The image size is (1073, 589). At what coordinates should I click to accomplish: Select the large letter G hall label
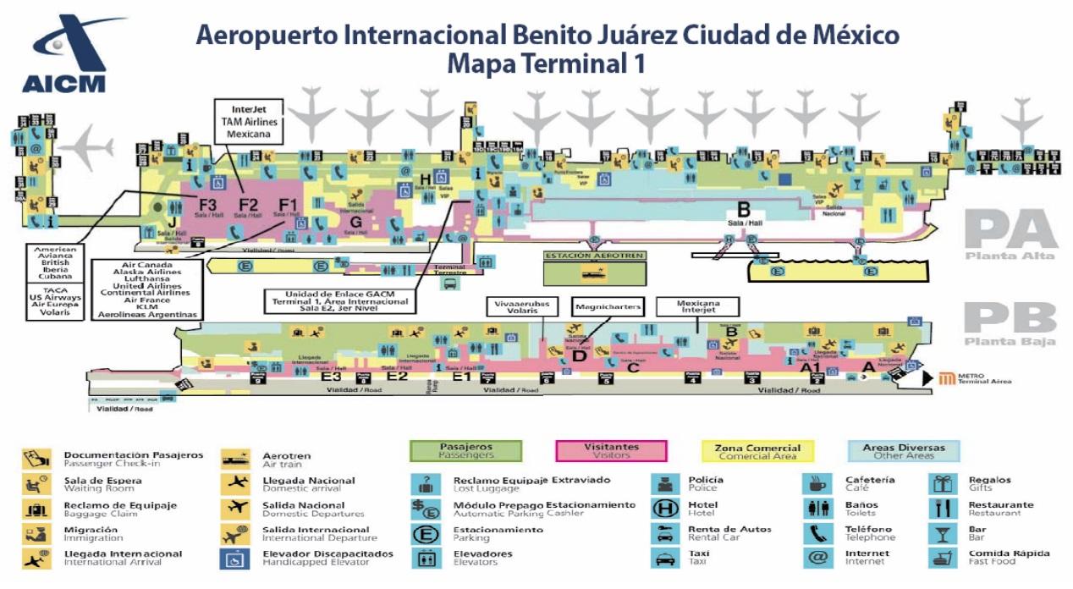click(355, 222)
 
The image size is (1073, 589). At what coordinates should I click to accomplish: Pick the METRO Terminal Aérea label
click(973, 379)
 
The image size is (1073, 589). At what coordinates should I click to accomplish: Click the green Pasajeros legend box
click(465, 450)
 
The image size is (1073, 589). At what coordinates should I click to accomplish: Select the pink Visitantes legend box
click(611, 450)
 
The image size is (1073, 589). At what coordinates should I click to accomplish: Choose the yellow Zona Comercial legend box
click(757, 451)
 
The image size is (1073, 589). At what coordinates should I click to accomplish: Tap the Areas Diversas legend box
click(903, 450)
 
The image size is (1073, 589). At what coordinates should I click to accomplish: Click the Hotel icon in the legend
click(663, 509)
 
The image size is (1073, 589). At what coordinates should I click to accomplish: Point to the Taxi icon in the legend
click(663, 559)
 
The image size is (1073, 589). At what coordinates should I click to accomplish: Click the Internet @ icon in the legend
click(817, 558)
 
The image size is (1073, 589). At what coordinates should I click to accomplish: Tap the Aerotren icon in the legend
click(234, 459)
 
